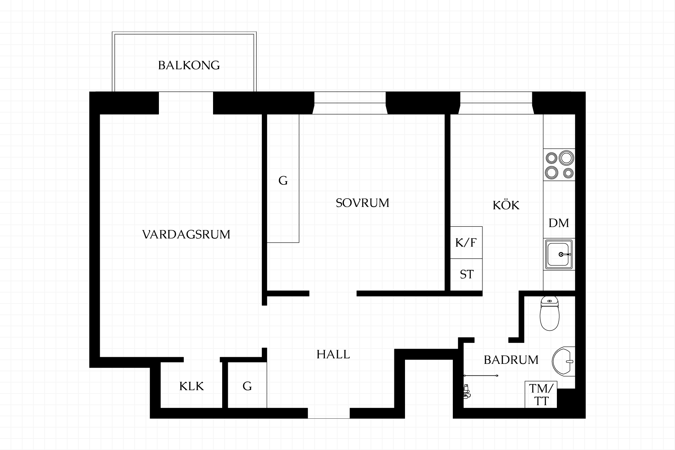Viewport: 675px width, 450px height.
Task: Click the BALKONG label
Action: pos(189,65)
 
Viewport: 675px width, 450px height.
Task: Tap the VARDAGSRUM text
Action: pos(186,234)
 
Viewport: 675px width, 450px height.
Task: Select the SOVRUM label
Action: pos(362,203)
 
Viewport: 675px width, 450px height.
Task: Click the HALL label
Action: pos(333,354)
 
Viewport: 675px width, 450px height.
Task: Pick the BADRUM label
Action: pos(511,360)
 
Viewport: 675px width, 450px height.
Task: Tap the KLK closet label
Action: pos(192,386)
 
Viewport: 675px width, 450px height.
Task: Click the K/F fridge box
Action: pos(466,243)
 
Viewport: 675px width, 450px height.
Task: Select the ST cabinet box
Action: pos(466,275)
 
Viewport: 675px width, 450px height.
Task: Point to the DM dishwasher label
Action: pos(559,223)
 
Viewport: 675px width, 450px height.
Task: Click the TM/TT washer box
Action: pos(541,394)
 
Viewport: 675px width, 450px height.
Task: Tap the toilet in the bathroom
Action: pos(549,313)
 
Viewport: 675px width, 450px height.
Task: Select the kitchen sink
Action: pos(559,254)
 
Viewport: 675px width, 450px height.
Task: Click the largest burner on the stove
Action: pos(566,157)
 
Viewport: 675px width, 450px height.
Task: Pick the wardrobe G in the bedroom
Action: pos(283,178)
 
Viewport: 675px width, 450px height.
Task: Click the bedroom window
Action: pos(350,103)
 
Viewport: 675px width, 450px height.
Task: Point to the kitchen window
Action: pos(496,103)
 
